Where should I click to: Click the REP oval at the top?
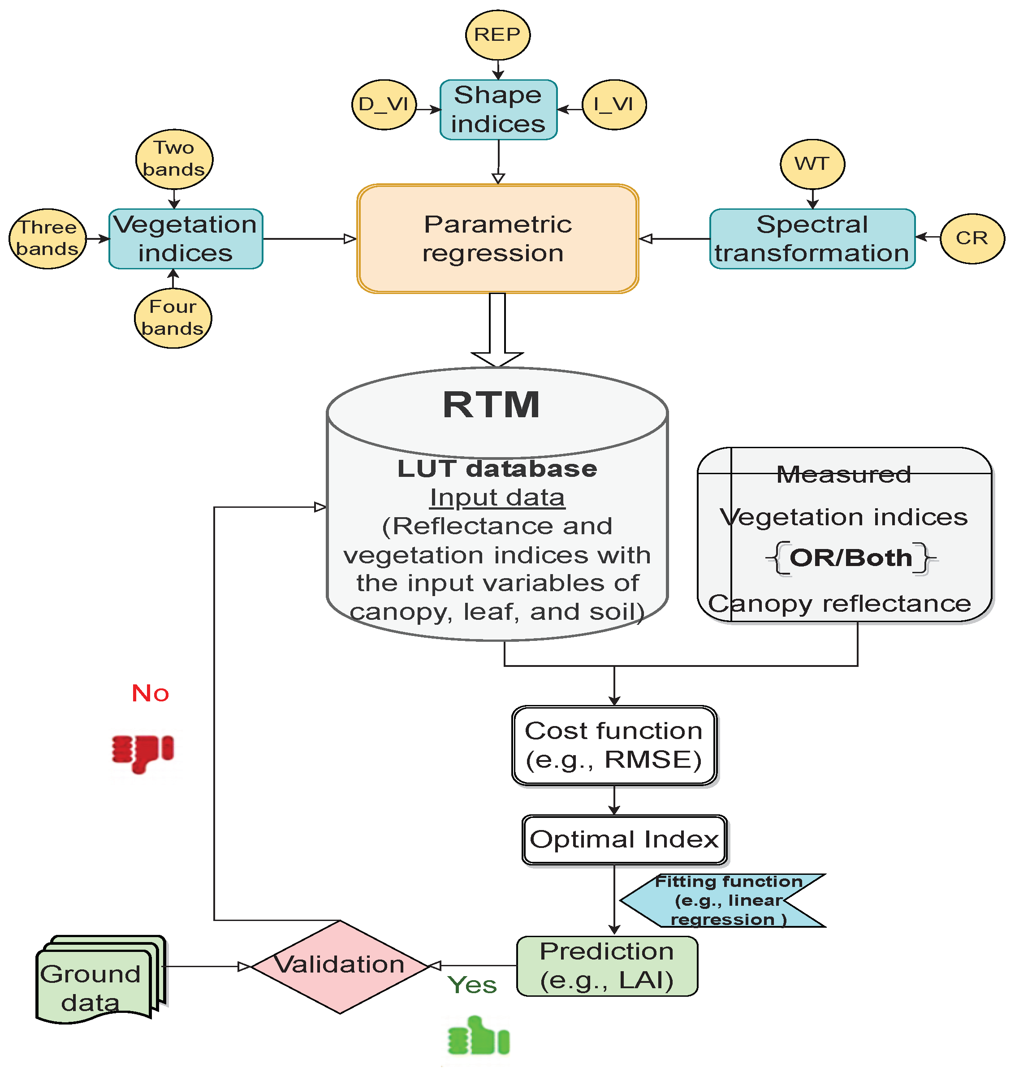coord(497,35)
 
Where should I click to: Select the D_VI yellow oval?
coord(384,104)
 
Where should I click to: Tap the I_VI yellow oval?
coord(614,104)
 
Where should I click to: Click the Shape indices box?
coord(498,110)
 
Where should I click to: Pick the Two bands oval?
coord(174,159)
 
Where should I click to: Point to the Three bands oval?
coord(48,238)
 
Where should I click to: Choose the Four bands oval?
coord(173,318)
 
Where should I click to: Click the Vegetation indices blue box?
coord(186,239)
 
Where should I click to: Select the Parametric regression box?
coord(497,239)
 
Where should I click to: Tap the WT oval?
coord(812,164)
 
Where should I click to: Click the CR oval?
coord(972,238)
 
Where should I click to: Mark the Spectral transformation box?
coord(812,239)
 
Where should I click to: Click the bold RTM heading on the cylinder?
coord(492,405)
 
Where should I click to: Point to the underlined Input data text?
coord(497,497)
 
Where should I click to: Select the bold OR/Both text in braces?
coord(851,558)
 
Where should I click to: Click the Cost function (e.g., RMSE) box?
coord(614,745)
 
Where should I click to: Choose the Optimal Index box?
coord(624,840)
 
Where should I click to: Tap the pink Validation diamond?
coord(340,966)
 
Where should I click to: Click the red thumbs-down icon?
coord(142,753)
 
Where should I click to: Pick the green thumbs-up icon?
coord(479,1037)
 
